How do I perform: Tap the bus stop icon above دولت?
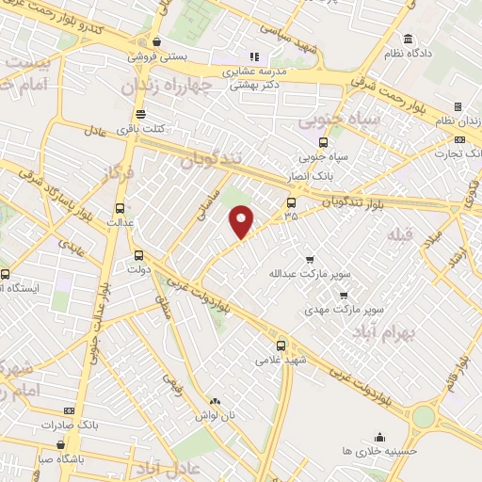(139, 254)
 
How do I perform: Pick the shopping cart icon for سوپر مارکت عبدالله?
(310, 259)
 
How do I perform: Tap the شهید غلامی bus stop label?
(281, 361)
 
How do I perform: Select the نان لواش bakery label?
(214, 415)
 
